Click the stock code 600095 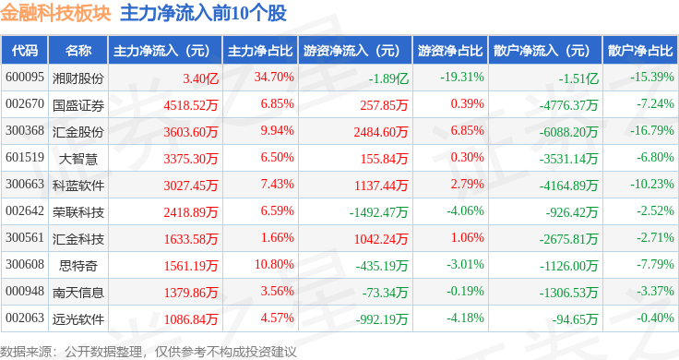pos(25,78)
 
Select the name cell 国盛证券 pos(77,105)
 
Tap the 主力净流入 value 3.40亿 pos(200,78)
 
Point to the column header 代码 pos(25,50)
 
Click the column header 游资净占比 pos(450,51)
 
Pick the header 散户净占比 pos(640,50)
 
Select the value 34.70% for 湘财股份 pos(274,78)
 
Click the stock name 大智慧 pos(77,159)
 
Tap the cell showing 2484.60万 pos(381,132)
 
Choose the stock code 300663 pos(25,184)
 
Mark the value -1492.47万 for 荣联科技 pos(378,212)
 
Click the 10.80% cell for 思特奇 pos(274,264)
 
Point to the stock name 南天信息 pos(77,293)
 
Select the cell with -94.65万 pos(575,319)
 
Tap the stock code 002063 pos(25,318)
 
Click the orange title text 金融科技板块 pos(55,13)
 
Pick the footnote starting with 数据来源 pos(149,352)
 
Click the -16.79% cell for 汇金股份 pos(652,130)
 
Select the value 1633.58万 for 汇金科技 pos(191,239)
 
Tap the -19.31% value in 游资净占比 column pos(462,78)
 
